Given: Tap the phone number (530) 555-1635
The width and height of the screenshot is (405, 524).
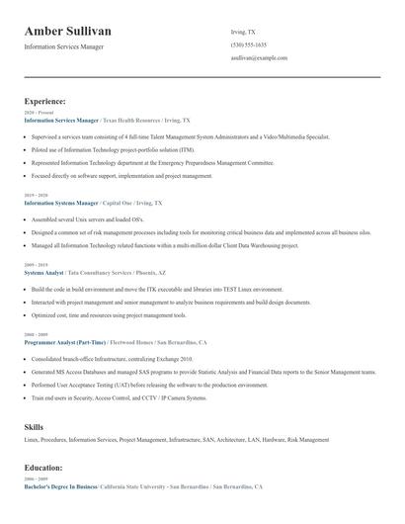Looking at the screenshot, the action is (248, 45).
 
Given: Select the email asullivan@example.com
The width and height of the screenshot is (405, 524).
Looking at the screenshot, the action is (259, 58).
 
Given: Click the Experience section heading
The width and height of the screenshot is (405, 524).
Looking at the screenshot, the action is (45, 101).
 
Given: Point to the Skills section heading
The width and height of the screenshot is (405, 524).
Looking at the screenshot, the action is (34, 426).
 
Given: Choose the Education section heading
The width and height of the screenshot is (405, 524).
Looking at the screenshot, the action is (43, 467).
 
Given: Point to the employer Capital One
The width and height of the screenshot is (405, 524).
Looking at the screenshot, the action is (119, 202).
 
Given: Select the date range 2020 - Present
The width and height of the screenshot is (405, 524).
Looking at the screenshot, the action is (35, 113).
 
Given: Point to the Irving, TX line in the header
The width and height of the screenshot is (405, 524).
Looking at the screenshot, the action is (243, 32).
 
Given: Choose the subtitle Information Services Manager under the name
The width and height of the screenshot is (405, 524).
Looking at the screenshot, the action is (63, 46).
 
